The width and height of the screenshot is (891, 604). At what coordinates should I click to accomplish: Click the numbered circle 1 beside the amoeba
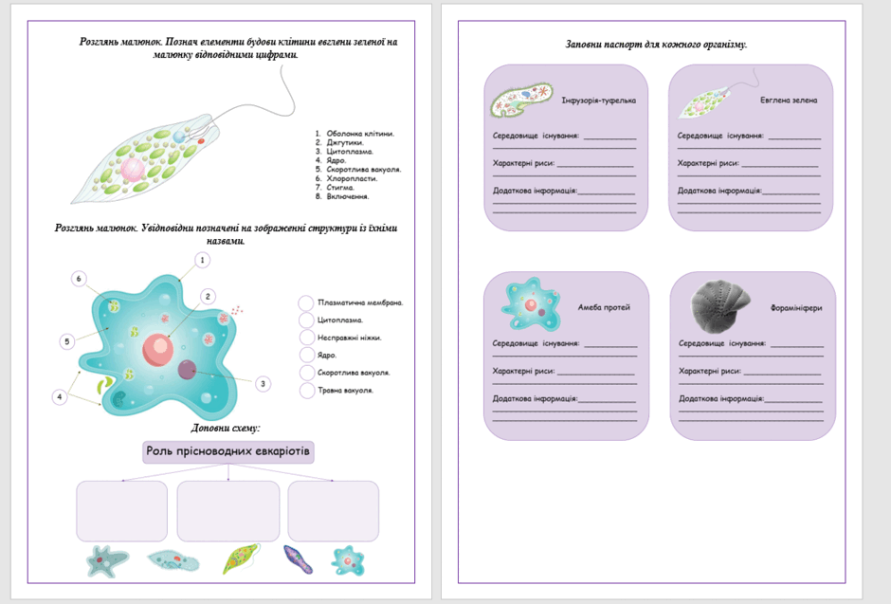[202, 260]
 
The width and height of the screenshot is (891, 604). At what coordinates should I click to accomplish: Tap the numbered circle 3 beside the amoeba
[263, 384]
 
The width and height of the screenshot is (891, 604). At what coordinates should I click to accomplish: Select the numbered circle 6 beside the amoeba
[79, 279]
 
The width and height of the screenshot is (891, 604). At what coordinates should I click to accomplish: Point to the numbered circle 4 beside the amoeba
[60, 396]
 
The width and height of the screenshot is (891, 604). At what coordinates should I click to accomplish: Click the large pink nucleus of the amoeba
[158, 349]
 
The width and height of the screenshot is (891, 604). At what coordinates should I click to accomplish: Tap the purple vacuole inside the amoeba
[187, 370]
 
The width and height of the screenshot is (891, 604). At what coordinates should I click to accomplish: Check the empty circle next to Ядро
[307, 356]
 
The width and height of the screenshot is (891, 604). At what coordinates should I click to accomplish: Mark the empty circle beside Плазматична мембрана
[306, 302]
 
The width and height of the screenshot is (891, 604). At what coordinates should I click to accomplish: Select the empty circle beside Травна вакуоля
[307, 391]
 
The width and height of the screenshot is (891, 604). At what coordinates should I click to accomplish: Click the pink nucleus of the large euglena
[133, 170]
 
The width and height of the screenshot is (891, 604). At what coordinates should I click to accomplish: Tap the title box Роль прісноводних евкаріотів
[227, 451]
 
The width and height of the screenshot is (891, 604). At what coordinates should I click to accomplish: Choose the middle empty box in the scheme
[227, 511]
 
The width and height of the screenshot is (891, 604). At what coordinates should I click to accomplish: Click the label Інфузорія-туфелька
[598, 101]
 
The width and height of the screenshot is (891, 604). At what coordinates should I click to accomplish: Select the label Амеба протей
[604, 307]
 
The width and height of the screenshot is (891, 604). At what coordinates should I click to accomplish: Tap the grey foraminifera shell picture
[719, 305]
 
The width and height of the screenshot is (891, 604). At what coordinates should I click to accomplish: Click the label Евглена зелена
[788, 100]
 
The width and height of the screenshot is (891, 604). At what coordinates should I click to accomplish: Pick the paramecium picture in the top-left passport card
[521, 100]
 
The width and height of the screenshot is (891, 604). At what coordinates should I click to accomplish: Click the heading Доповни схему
[226, 428]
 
